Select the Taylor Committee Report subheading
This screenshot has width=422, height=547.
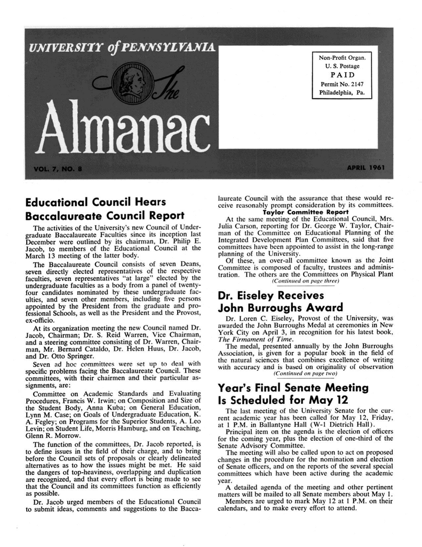coord(302,212)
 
